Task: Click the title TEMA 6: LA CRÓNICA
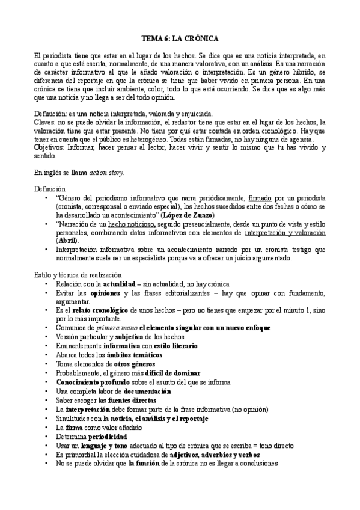pyautogui.click(x=179, y=37)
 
